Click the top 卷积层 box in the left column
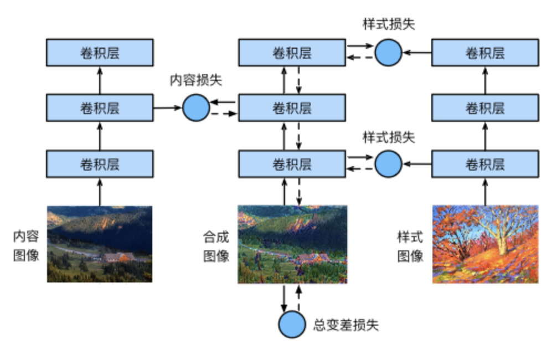point(100,53)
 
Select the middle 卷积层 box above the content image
point(100,107)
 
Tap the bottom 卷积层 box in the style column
point(484,163)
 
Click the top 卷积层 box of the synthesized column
point(292,53)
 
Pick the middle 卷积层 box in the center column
point(292,107)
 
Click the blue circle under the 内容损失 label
point(196,107)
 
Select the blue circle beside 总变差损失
point(292,324)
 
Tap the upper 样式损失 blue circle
point(388,53)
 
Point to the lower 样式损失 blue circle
point(388,163)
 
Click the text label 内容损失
point(196,80)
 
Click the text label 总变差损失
point(346,325)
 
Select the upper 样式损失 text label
point(388,25)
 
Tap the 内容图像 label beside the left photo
point(26,246)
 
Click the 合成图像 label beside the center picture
point(216,246)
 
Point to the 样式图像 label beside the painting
point(410,246)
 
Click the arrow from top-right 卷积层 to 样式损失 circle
point(417,53)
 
